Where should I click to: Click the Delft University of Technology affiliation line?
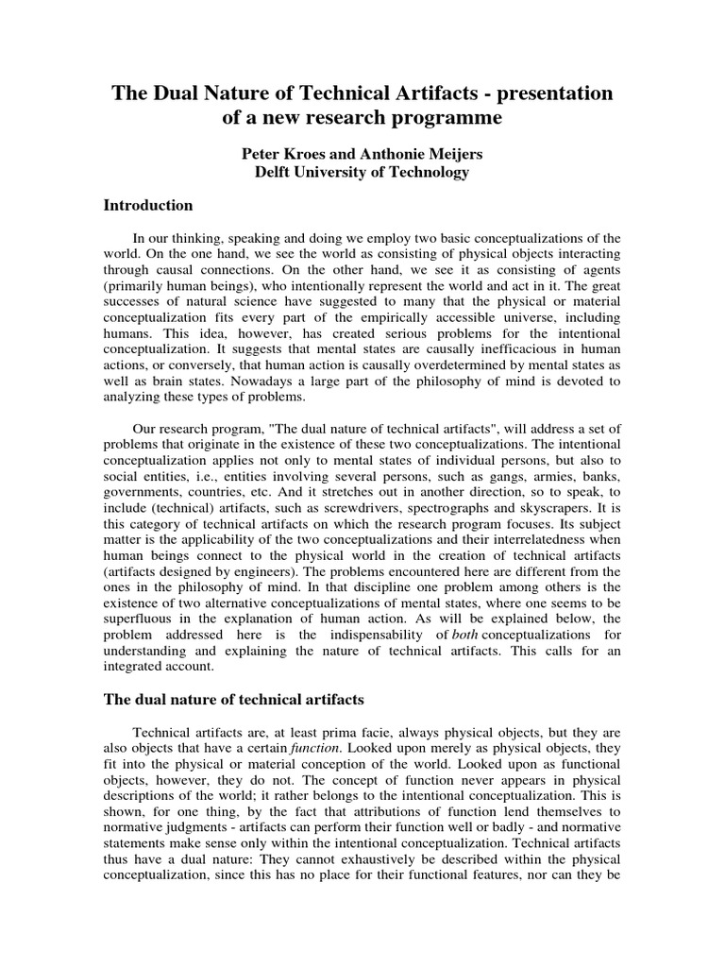click(362, 172)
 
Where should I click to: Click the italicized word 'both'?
click(466, 632)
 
